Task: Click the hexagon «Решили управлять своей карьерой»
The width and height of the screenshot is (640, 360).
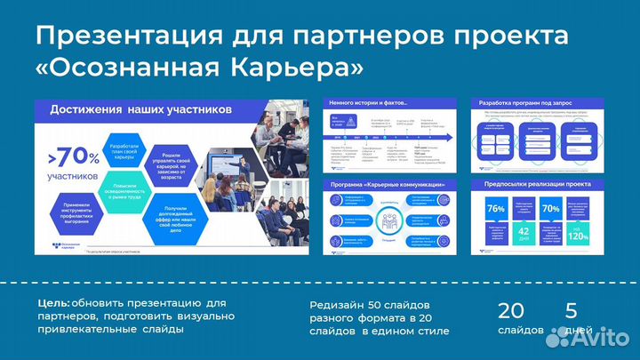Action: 174,160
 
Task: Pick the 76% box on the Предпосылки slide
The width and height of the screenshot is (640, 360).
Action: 496,209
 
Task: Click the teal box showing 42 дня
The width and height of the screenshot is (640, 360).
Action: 524,233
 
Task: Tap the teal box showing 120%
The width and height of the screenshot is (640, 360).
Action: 578,236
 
